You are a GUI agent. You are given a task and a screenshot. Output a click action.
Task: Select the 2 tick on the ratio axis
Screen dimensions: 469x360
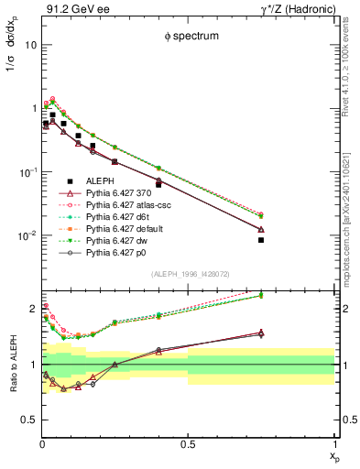pos(33,309)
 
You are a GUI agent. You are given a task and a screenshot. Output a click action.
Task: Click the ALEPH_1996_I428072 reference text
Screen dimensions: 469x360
pos(189,274)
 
